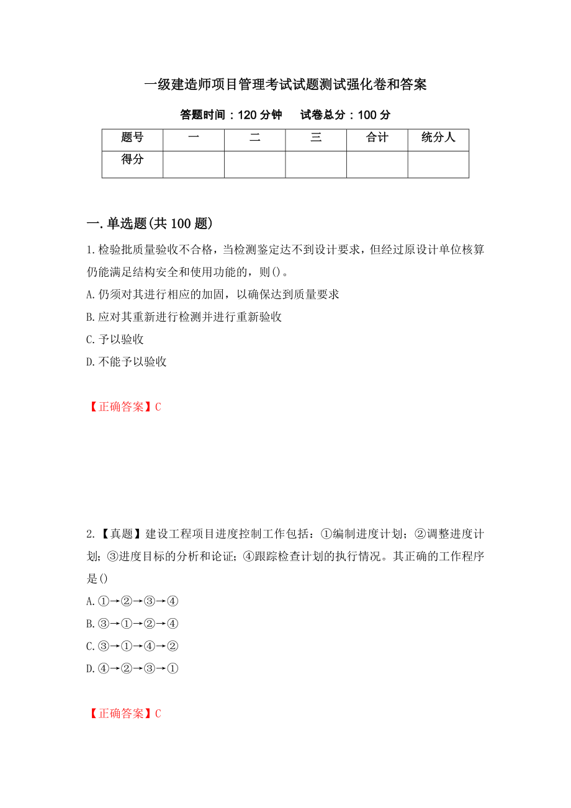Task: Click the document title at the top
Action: click(x=285, y=85)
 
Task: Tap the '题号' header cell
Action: click(x=132, y=138)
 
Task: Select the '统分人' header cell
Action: click(x=438, y=138)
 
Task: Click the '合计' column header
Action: click(x=377, y=138)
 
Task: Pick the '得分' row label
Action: click(x=132, y=160)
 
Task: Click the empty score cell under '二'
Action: click(x=254, y=164)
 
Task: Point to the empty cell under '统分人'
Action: click(x=438, y=164)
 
